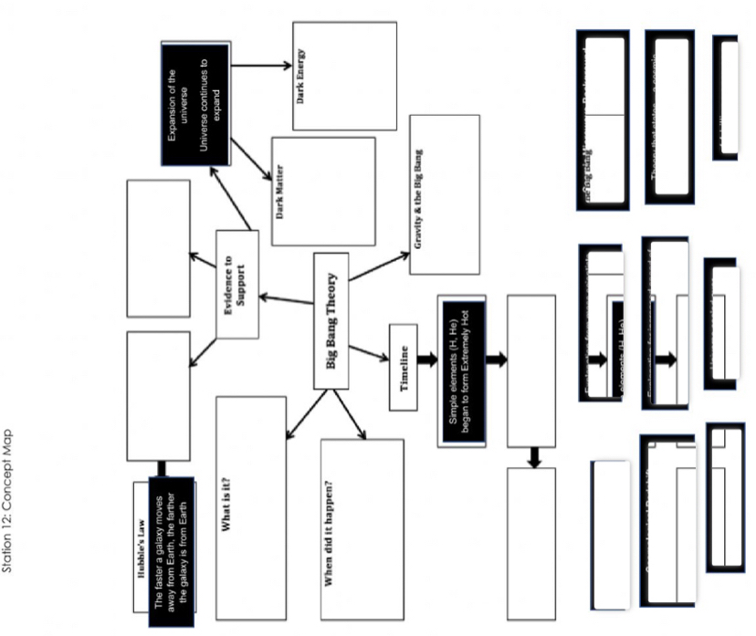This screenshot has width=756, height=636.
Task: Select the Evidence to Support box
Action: click(236, 283)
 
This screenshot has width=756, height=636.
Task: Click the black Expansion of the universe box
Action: click(194, 104)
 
